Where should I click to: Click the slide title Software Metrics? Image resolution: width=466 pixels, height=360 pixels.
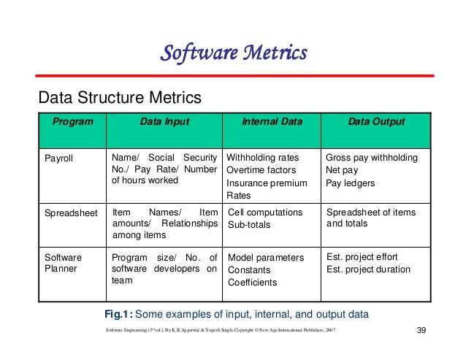click(x=233, y=53)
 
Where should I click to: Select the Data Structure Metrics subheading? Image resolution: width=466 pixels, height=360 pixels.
click(x=118, y=97)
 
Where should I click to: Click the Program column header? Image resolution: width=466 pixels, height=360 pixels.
click(x=72, y=122)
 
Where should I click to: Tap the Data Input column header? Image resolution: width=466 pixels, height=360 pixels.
click(x=164, y=122)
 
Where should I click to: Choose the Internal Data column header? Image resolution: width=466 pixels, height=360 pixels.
click(x=271, y=122)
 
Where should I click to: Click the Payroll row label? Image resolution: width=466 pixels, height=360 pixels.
click(x=60, y=158)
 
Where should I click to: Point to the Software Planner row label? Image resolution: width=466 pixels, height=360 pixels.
click(x=64, y=264)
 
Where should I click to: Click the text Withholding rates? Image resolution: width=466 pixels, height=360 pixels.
click(x=263, y=158)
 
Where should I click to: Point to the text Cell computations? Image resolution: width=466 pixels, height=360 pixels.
click(x=265, y=212)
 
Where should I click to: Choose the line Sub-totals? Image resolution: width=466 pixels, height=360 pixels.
click(x=249, y=225)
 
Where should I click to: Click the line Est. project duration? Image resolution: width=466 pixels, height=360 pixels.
click(x=368, y=269)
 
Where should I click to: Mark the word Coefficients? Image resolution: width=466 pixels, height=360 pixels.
click(x=253, y=283)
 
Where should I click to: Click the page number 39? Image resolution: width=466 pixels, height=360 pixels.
click(x=420, y=333)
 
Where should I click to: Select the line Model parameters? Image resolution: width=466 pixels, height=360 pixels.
click(x=265, y=258)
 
